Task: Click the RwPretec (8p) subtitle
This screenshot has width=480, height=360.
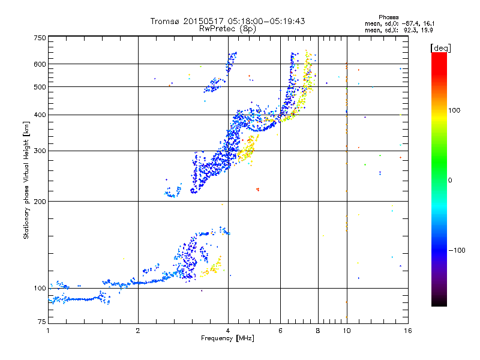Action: pos(228,28)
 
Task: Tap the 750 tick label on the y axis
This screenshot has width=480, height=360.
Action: pos(40,38)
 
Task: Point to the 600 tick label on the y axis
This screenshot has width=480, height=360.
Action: pos(40,64)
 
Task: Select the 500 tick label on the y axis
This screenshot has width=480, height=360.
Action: pos(40,87)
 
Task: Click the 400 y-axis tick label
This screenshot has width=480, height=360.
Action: pos(40,115)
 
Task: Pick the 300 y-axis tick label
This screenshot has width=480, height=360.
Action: pos(40,151)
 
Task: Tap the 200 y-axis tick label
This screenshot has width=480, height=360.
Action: pos(40,201)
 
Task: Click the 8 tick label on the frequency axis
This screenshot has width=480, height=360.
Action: pos(318,331)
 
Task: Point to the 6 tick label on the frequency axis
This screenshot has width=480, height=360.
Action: pos(281,331)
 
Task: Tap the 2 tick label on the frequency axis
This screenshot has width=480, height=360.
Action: pos(138,331)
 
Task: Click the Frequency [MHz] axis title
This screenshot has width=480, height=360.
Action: pos(227,338)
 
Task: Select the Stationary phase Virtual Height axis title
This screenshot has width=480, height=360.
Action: pos(26,181)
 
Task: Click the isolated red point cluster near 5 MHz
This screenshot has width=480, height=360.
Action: pos(257,190)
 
